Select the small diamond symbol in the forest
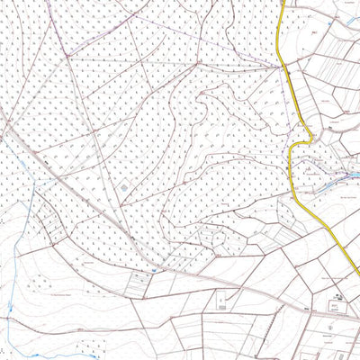[x=123, y=186]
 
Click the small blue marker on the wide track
[x=155, y=268]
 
